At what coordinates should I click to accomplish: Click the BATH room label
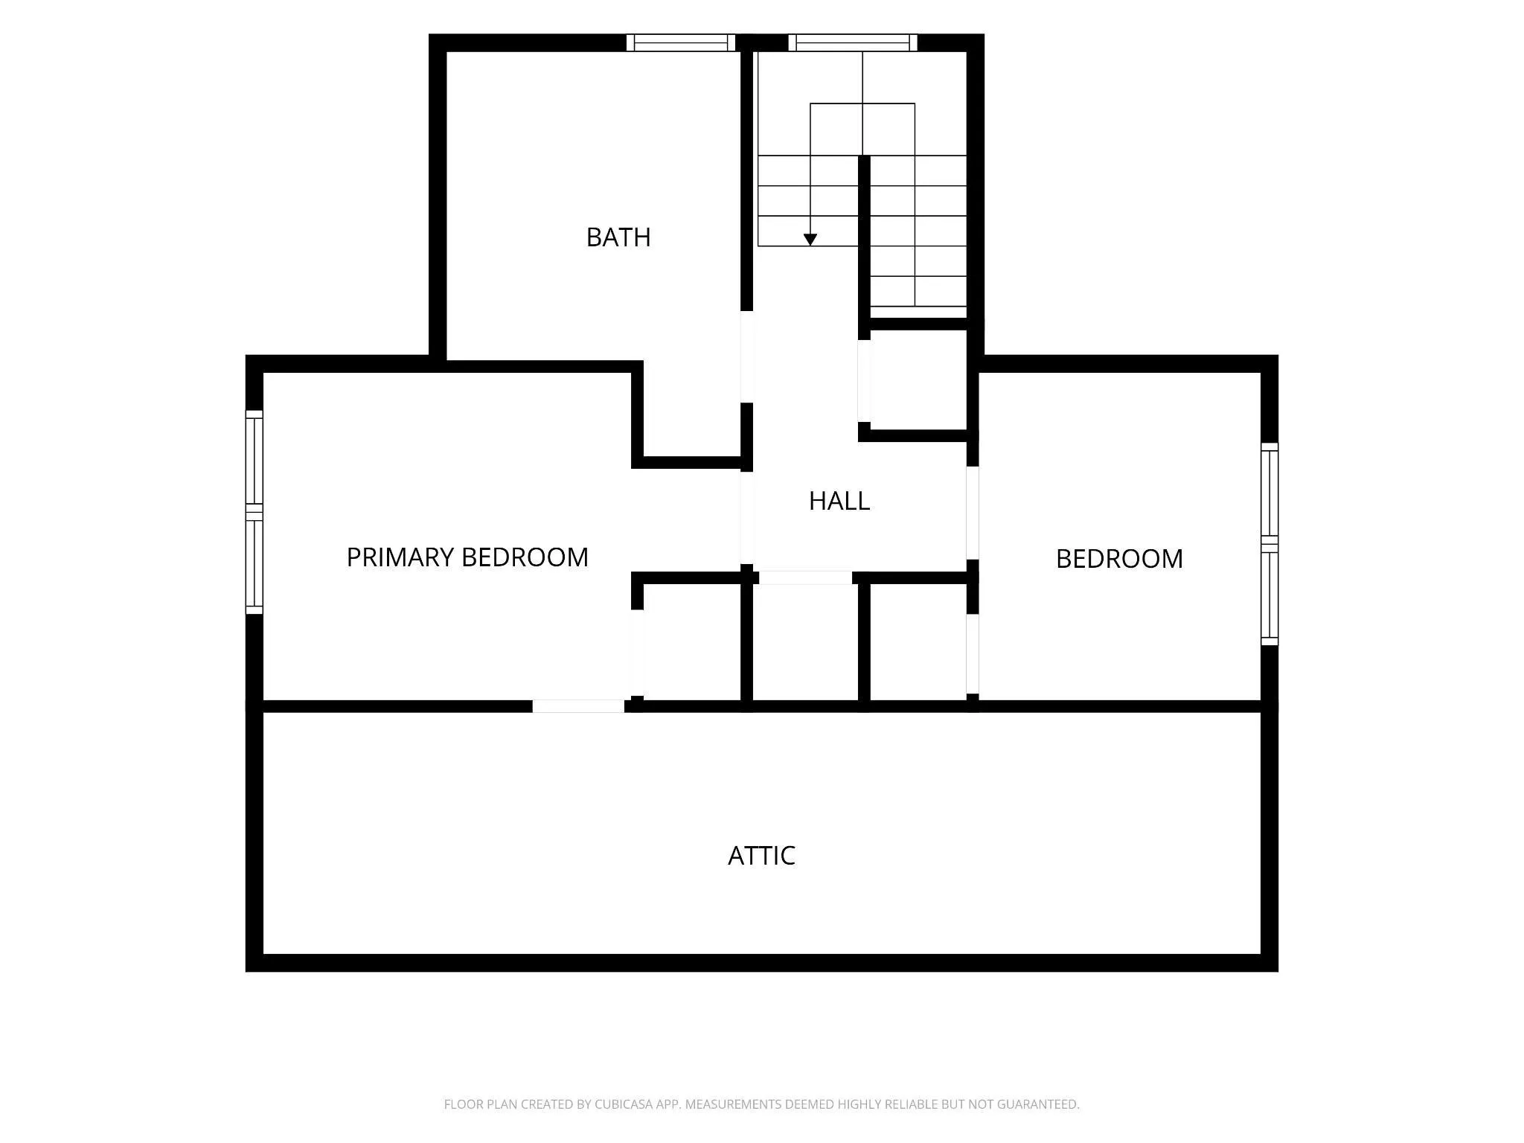tap(618, 237)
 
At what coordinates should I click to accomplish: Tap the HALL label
tap(839, 501)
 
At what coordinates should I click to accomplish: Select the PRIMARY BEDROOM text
tap(467, 557)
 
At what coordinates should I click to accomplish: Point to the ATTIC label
tap(761, 856)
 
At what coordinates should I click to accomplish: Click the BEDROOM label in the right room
tap(1119, 559)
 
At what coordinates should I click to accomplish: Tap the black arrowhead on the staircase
tap(810, 240)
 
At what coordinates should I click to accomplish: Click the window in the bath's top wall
tap(681, 42)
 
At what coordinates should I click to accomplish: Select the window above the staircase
tap(853, 42)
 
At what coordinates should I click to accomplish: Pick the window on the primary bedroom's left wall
tap(254, 512)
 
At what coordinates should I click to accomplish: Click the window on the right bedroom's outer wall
tap(1270, 544)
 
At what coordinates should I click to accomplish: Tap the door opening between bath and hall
tap(747, 356)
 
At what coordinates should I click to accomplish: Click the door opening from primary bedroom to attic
tap(578, 706)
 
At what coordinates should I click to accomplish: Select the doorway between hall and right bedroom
tap(972, 513)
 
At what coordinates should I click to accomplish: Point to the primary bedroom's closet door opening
tap(637, 653)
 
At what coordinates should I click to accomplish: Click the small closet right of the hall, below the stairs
tap(918, 380)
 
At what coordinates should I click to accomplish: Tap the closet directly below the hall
tap(806, 642)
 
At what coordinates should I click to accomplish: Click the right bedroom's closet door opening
tap(972, 654)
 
